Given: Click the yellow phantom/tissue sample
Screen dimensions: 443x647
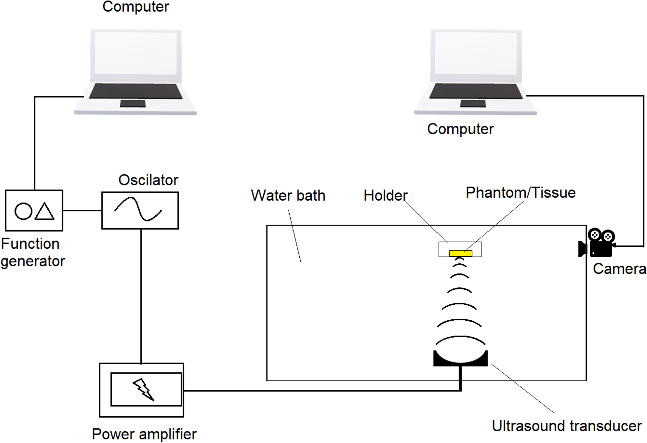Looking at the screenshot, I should pos(460,253).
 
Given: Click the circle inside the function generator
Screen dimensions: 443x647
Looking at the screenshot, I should pos(23,211).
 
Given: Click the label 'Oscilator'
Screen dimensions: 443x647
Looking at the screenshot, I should pos(148,180).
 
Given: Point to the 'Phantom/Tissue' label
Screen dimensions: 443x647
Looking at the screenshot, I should pos(521,193).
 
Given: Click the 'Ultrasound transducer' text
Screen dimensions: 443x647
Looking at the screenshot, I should pos(567,426).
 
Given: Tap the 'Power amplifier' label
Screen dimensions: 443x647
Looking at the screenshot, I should pos(144,434).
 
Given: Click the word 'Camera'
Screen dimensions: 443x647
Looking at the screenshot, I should pos(619,269).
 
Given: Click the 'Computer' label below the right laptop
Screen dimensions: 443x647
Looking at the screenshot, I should pos(460,129).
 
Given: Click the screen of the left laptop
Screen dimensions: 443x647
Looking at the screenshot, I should pos(136,53).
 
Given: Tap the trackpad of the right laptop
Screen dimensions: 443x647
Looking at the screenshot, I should pos(473,104).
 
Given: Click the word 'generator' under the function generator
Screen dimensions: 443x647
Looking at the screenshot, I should pos(33,261).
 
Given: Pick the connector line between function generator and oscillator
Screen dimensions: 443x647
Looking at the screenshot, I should pos(82,211).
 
